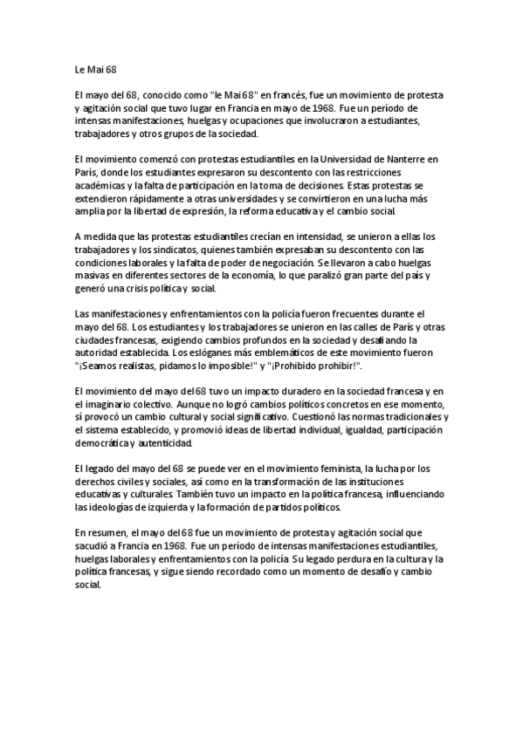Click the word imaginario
coord(108,404)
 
